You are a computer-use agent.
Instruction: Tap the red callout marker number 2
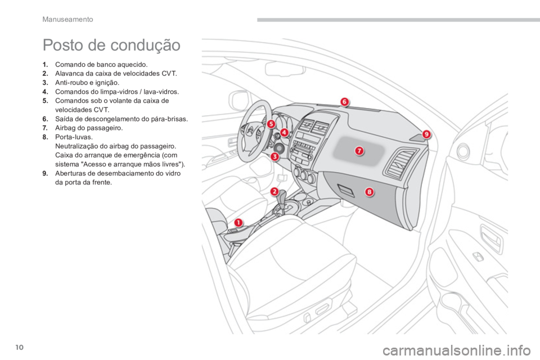click(274, 192)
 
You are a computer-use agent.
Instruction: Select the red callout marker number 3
click(274, 157)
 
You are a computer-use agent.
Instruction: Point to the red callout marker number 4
click(284, 132)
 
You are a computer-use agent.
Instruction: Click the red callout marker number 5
click(271, 124)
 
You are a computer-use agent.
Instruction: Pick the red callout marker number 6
click(344, 102)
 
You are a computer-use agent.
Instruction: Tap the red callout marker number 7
click(359, 151)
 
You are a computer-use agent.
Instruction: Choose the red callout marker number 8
click(369, 192)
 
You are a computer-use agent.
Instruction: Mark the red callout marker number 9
click(426, 134)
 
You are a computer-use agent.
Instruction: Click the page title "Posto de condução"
click(111, 46)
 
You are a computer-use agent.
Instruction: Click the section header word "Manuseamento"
click(67, 19)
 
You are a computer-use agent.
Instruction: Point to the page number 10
click(20, 347)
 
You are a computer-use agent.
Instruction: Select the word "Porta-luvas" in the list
click(73, 137)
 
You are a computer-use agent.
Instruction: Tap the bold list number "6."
click(46, 119)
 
